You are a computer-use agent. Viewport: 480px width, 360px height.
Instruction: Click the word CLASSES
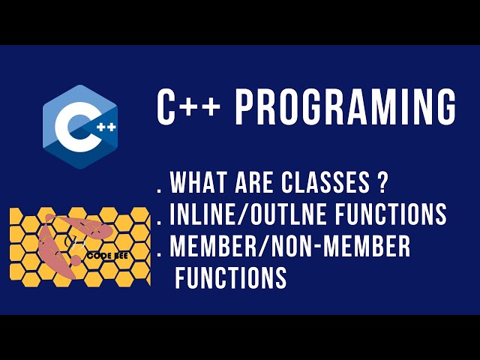click(x=330, y=182)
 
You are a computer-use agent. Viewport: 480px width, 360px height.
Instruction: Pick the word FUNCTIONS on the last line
click(x=231, y=278)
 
